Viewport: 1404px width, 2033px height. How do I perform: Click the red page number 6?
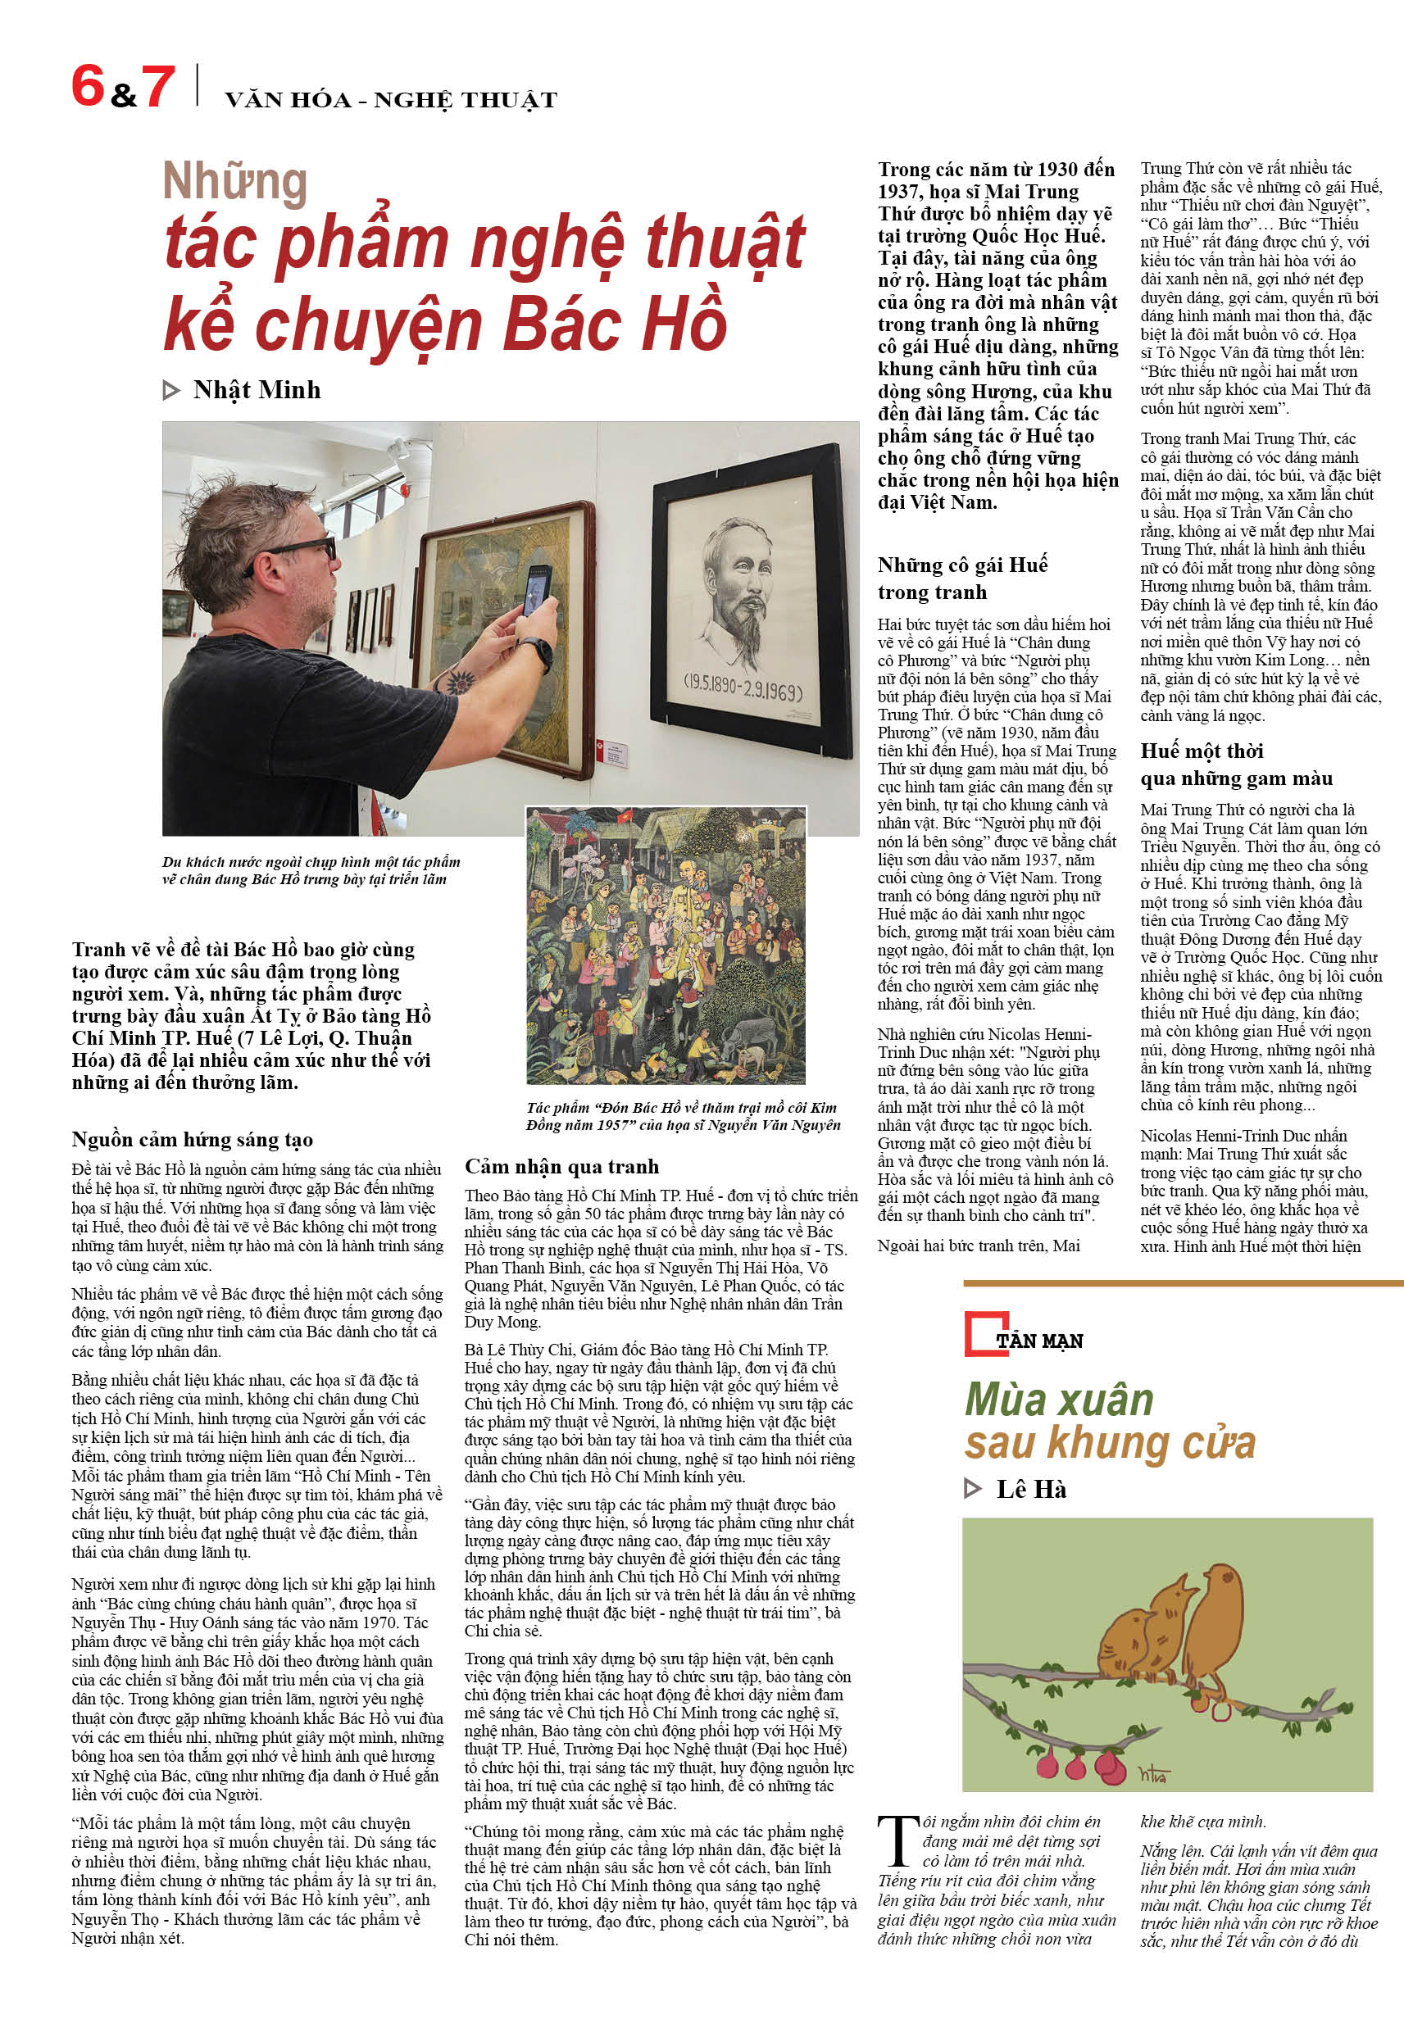[x=88, y=85]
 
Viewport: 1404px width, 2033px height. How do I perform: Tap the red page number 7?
[x=158, y=87]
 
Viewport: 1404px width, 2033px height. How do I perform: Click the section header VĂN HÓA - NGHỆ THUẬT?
[x=391, y=100]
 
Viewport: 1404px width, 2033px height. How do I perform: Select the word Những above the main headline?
[x=235, y=182]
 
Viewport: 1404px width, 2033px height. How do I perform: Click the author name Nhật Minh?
[x=256, y=389]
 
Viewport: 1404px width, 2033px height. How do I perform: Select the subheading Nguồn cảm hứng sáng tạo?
[x=192, y=1140]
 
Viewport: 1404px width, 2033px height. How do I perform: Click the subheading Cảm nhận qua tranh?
[x=561, y=1166]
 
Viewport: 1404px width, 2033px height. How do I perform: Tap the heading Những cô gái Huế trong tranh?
[x=961, y=578]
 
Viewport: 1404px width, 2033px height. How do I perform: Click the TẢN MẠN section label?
[x=1039, y=1341]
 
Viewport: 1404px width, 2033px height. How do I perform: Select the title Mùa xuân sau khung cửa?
[x=1109, y=1421]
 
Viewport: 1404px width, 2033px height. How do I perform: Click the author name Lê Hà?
[x=1031, y=1490]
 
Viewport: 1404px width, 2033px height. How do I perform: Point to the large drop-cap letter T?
[x=897, y=1840]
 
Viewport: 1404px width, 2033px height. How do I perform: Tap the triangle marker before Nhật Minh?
[x=171, y=390]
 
